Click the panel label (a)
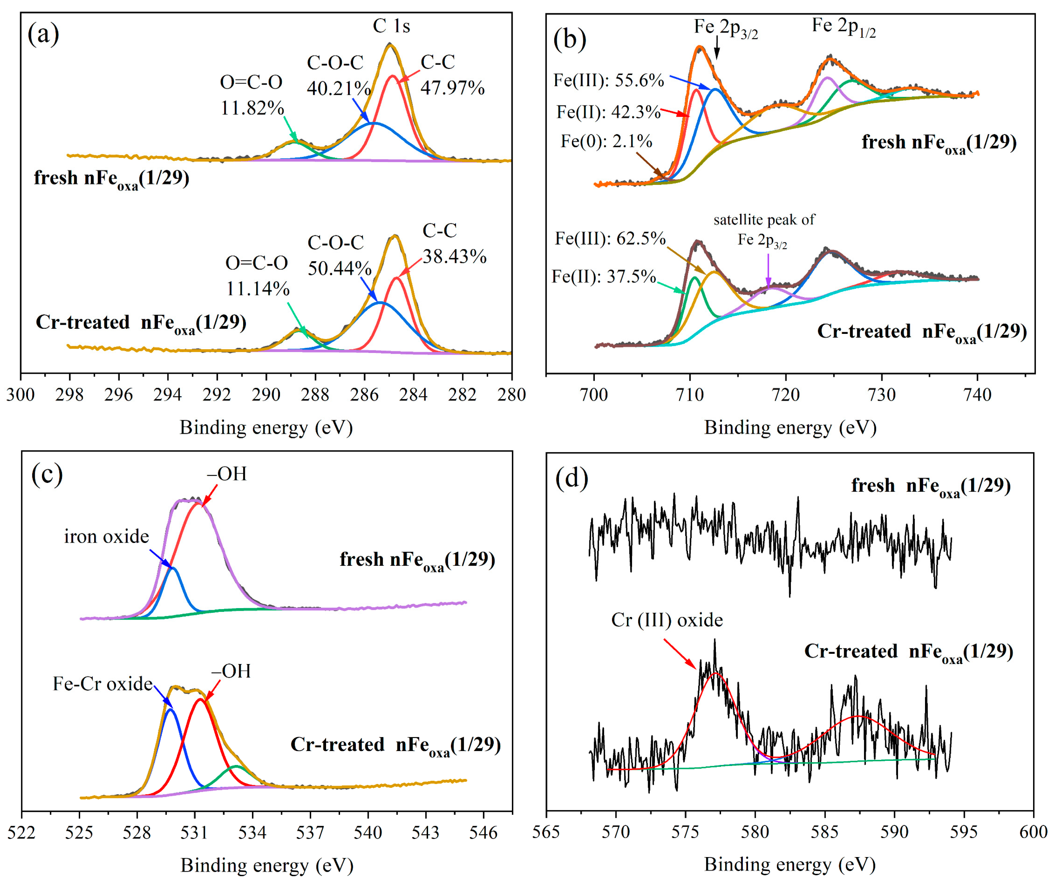pyautogui.click(x=43, y=34)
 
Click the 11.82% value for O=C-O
pyautogui.click(x=252, y=108)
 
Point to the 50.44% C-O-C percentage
pyautogui.click(x=339, y=268)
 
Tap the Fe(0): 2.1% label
pyautogui.click(x=606, y=142)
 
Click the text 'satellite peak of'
pyautogui.click(x=764, y=220)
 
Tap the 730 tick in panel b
pyautogui.click(x=881, y=394)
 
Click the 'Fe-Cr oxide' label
pyautogui.click(x=103, y=684)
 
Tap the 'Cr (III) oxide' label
pyautogui.click(x=666, y=620)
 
